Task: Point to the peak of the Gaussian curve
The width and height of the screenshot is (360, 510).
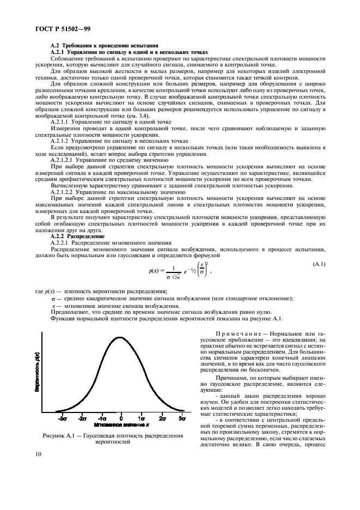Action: [x=120, y=337]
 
